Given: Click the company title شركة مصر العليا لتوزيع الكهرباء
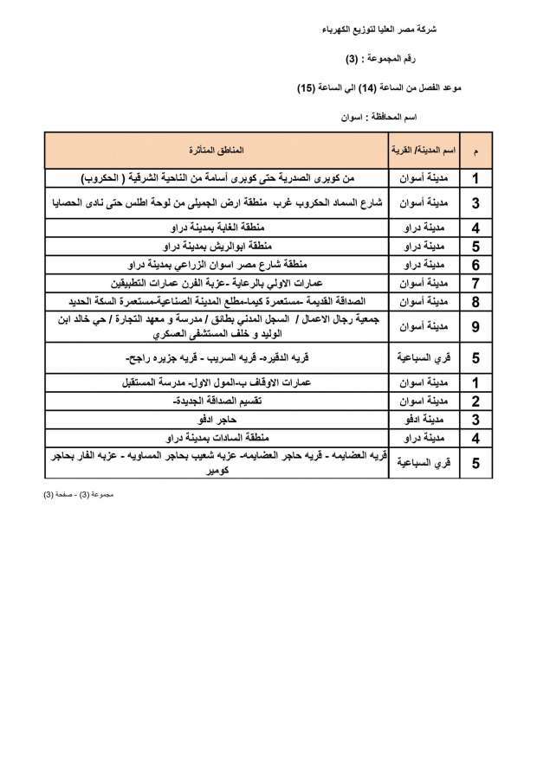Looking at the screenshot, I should coord(391,29).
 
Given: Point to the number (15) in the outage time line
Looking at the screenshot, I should coord(303,87).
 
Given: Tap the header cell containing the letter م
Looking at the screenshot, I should coord(476,151).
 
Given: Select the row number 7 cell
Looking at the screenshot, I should coord(476,283).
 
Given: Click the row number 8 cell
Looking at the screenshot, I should coord(476,301).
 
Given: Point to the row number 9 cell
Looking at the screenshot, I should coord(476,326).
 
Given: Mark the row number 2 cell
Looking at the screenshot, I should coord(476,401).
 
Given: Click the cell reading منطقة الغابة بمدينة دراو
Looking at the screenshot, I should coord(215,228).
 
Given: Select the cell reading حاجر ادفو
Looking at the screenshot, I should coord(215,420).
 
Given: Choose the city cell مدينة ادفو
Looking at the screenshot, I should coord(424,420).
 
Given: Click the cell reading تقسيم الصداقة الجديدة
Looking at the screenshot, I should coord(215,401).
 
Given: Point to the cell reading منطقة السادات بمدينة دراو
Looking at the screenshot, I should coord(215,438).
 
